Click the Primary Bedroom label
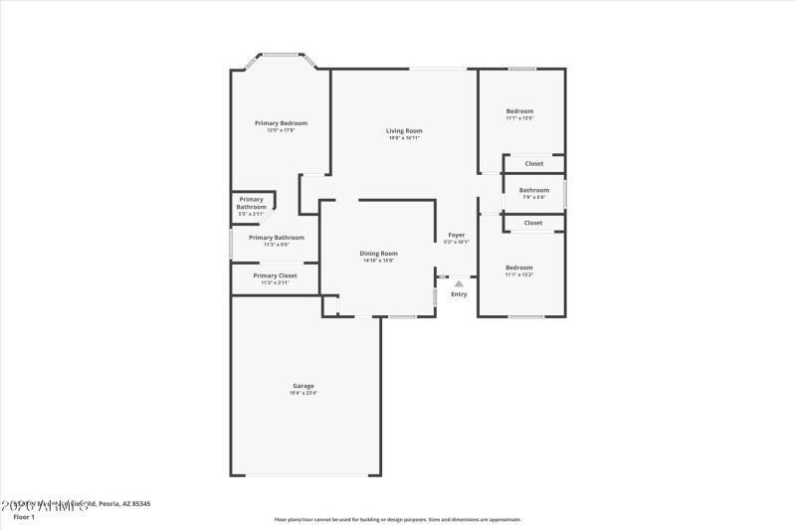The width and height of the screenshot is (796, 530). point(281,122)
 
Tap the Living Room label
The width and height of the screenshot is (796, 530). point(404,130)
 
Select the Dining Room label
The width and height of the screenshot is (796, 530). point(378,253)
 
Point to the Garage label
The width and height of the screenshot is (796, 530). point(302,386)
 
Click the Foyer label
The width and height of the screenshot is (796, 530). point(456,235)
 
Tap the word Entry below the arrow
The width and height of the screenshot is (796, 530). point(459,294)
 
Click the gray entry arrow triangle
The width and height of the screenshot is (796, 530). point(459,282)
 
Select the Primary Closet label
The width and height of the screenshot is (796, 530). point(275,275)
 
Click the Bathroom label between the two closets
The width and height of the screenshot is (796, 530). point(533,190)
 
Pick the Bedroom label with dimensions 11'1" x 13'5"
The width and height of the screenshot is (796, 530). point(519,110)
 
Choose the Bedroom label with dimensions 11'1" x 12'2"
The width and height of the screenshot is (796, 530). point(518,266)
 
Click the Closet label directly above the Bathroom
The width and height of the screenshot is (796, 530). point(533,163)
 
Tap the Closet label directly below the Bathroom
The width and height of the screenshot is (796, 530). point(533,223)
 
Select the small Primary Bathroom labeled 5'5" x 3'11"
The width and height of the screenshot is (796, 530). point(251,203)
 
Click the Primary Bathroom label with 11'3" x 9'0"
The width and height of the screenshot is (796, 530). point(276,238)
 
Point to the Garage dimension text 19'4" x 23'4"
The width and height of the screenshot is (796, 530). point(302,394)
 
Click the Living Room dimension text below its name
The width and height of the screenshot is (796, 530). point(404,138)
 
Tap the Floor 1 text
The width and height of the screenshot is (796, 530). point(24,517)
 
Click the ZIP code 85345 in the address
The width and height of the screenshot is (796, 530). point(139,504)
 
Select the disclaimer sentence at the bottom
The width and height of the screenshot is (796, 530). point(397,519)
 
